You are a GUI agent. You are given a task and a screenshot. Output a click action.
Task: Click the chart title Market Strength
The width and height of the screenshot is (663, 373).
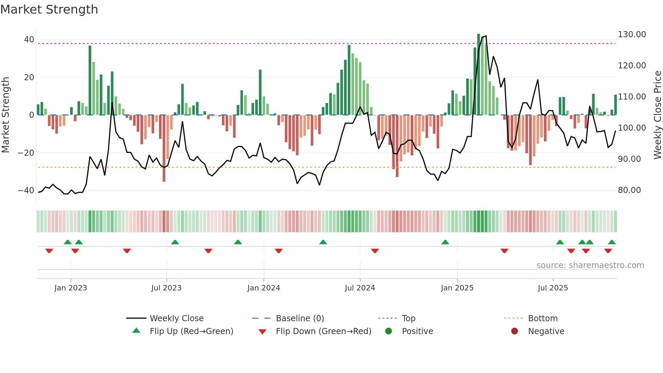click(49, 9)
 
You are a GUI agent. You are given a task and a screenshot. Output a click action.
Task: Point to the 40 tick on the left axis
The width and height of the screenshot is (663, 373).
click(29, 40)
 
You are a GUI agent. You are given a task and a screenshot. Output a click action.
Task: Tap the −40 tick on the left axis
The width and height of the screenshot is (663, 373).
click(26, 191)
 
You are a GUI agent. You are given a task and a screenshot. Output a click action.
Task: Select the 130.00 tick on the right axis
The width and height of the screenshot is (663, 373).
click(632, 35)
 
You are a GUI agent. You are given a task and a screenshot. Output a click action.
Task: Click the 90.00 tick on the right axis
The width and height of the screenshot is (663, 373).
click(629, 159)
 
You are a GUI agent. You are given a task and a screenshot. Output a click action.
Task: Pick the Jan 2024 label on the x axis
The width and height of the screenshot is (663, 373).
click(264, 288)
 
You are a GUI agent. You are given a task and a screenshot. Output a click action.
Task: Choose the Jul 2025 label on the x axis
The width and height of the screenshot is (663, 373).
click(553, 288)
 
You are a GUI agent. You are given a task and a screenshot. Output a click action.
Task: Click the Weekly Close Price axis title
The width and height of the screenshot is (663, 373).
click(657, 115)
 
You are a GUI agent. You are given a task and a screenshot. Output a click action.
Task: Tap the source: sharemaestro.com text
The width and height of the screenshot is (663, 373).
click(590, 265)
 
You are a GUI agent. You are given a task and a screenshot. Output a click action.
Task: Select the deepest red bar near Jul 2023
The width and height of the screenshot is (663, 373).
click(164, 149)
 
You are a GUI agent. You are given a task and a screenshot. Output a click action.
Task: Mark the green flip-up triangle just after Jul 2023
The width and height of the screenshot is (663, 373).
click(175, 242)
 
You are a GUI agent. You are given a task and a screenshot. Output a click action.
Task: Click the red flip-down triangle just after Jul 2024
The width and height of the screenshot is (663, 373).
click(375, 251)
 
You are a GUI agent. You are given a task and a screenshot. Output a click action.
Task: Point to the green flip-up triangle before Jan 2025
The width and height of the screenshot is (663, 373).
click(445, 242)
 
